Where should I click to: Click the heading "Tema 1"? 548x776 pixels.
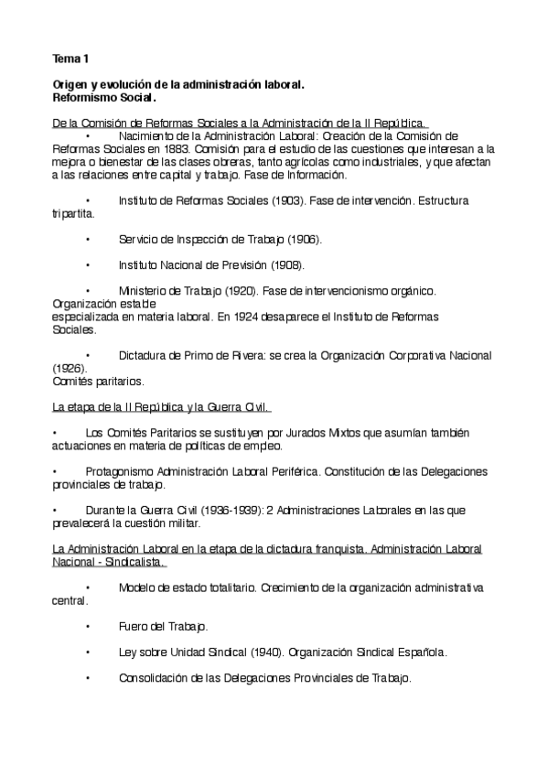pos(70,59)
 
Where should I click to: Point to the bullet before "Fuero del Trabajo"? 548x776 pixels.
pos(87,627)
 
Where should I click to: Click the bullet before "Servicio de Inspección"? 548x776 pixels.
pos(87,239)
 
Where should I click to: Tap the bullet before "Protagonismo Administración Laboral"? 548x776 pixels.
pos(56,471)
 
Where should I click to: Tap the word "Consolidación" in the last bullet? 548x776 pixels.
pos(154,678)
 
